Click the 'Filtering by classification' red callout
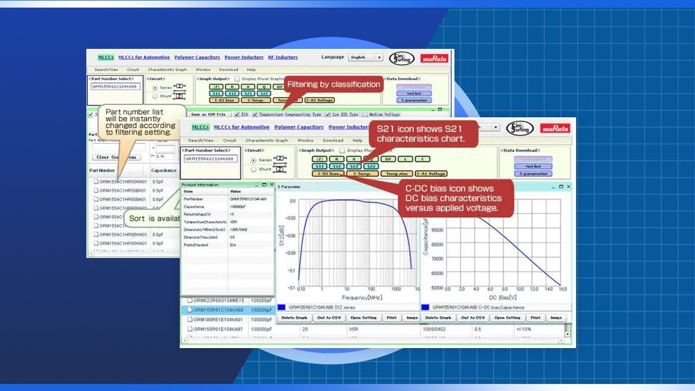pyautogui.click(x=333, y=85)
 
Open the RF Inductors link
pyautogui.click(x=283, y=58)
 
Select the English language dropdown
pyautogui.click(x=365, y=58)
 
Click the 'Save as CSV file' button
pyautogui.click(x=208, y=115)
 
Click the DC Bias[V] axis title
pyautogui.click(x=502, y=298)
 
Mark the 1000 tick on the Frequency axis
pyautogui.click(x=396, y=289)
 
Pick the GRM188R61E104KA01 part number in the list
pyautogui.click(x=218, y=320)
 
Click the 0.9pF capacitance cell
pyautogui.click(x=158, y=243)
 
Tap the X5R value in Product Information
pyautogui.click(x=233, y=222)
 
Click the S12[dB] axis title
pyautogui.click(x=282, y=237)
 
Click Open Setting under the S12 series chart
pyautogui.click(x=363, y=318)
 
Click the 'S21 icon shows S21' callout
pyautogui.click(x=421, y=134)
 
